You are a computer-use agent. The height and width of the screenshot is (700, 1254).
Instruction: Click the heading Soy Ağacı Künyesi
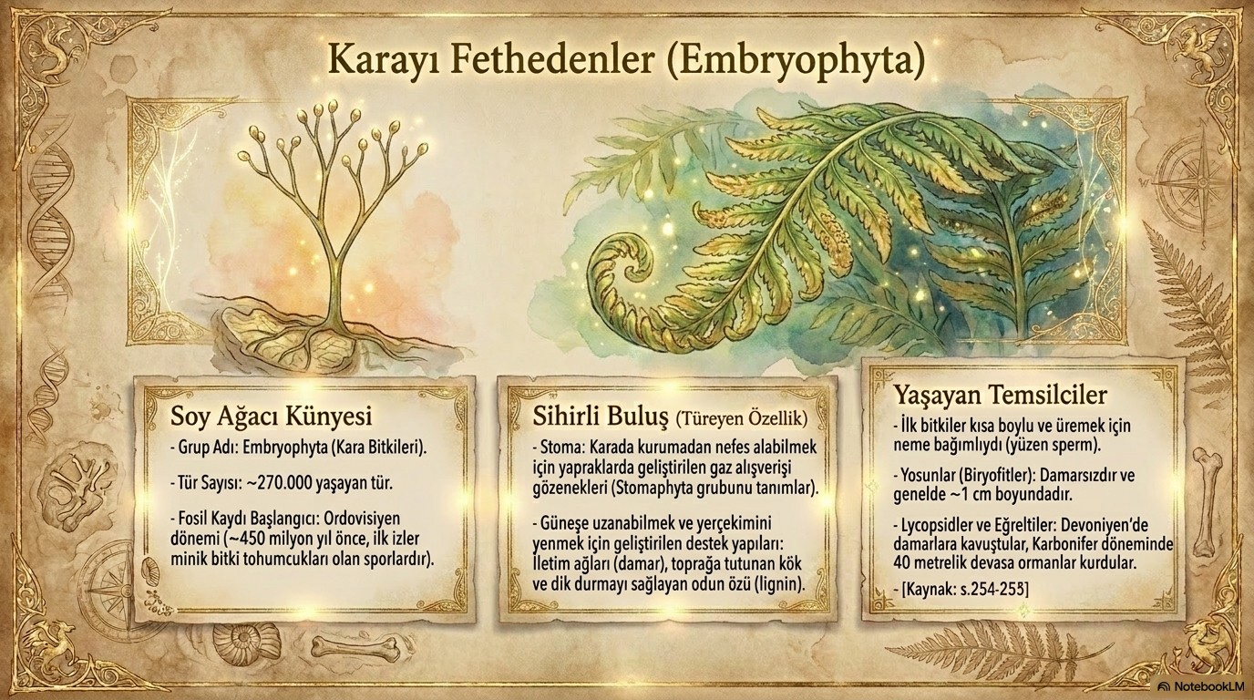coord(271,417)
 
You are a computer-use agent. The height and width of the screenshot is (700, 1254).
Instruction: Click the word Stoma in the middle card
coord(560,448)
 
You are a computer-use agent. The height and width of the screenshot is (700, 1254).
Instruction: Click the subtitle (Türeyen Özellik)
coord(742,419)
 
